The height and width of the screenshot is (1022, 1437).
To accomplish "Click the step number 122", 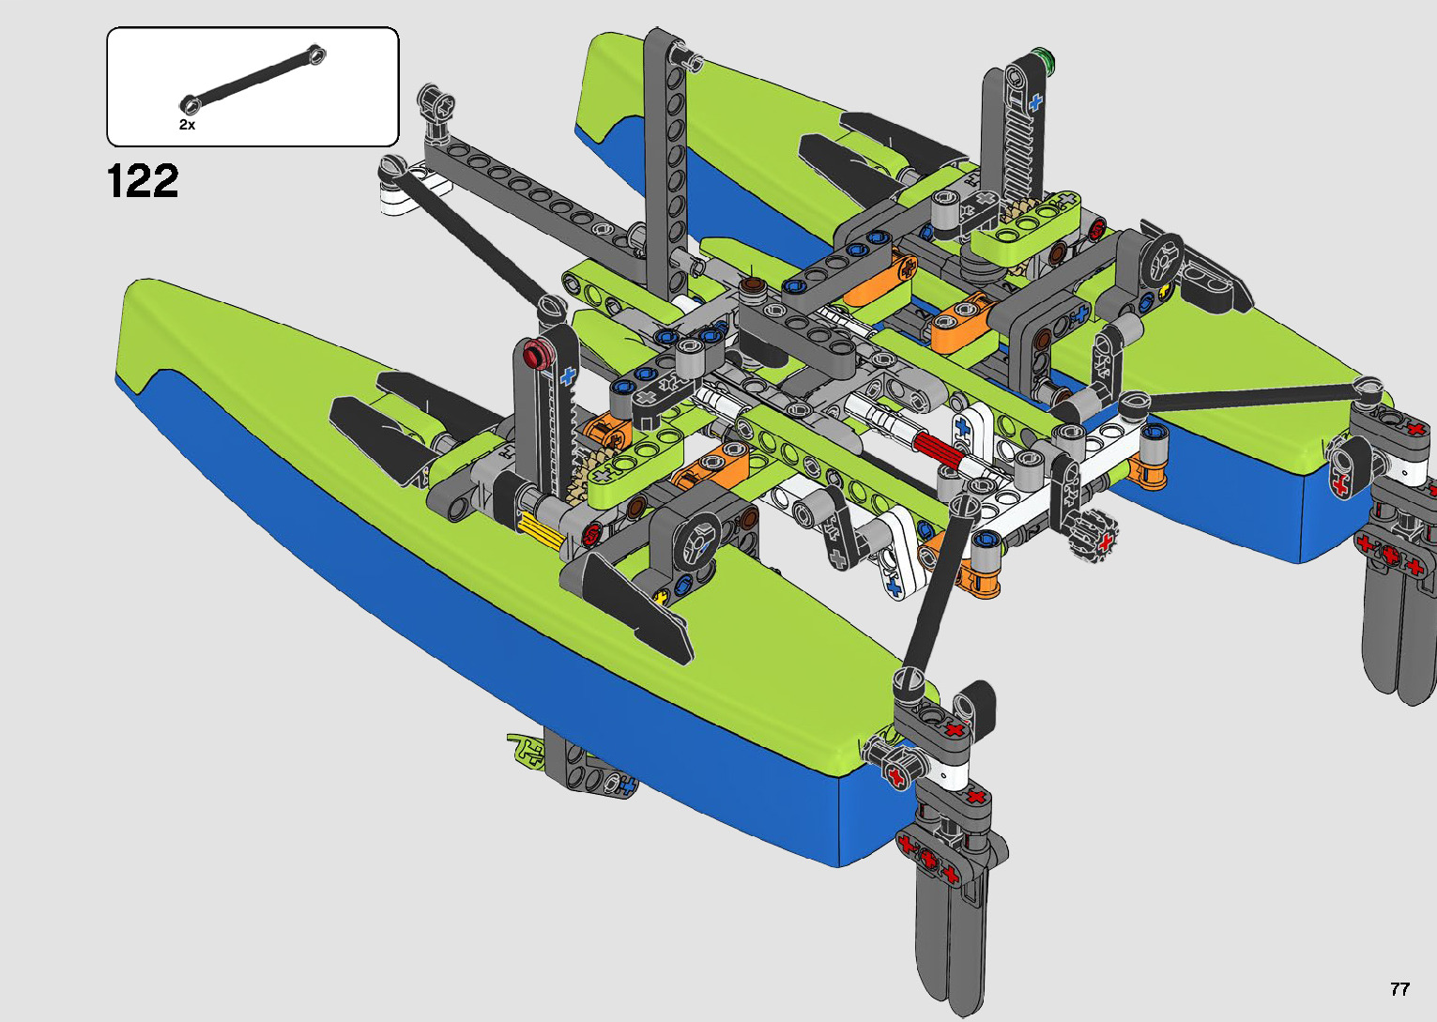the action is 143,180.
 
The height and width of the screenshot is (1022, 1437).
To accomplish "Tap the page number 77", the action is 1399,988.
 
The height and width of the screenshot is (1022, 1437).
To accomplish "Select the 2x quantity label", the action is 187,125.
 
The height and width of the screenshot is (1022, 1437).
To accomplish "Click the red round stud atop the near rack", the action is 538,354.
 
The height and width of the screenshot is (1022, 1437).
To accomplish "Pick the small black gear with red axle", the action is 1093,537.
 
